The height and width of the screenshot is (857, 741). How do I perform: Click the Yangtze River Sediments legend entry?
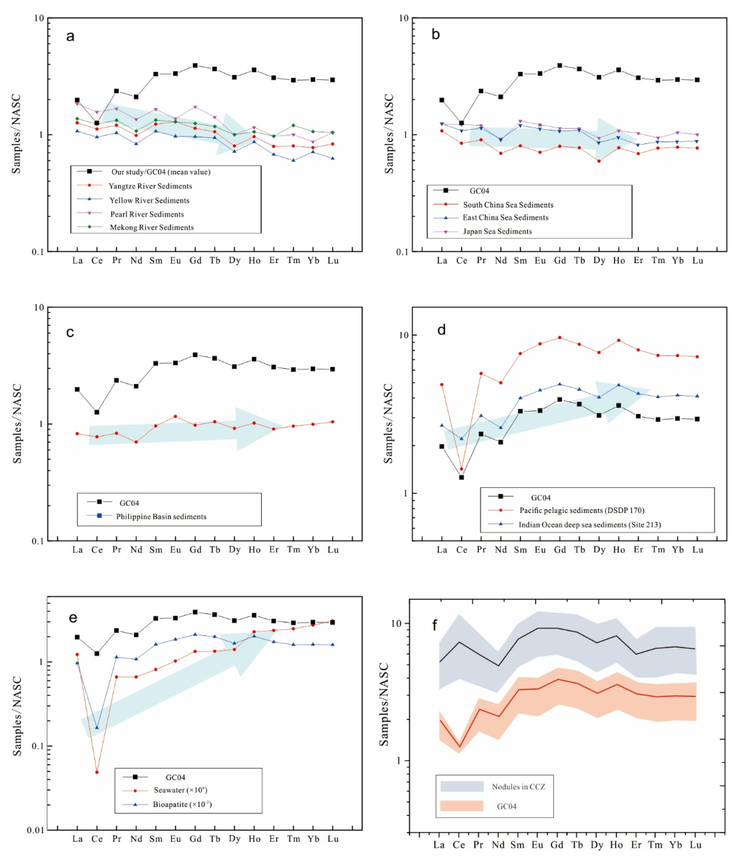pos(150,186)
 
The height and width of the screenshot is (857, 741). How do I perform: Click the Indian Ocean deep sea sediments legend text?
pos(590,525)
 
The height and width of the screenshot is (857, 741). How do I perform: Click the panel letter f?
pos(434,625)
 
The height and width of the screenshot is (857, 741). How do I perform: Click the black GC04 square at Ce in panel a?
pos(97,123)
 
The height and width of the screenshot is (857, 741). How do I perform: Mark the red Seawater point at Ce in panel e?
pos(97,772)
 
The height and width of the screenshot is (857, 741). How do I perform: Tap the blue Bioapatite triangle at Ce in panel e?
pos(97,728)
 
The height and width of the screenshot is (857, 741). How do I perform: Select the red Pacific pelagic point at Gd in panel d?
pos(560,337)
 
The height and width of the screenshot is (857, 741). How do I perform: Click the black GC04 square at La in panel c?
pos(77,389)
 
